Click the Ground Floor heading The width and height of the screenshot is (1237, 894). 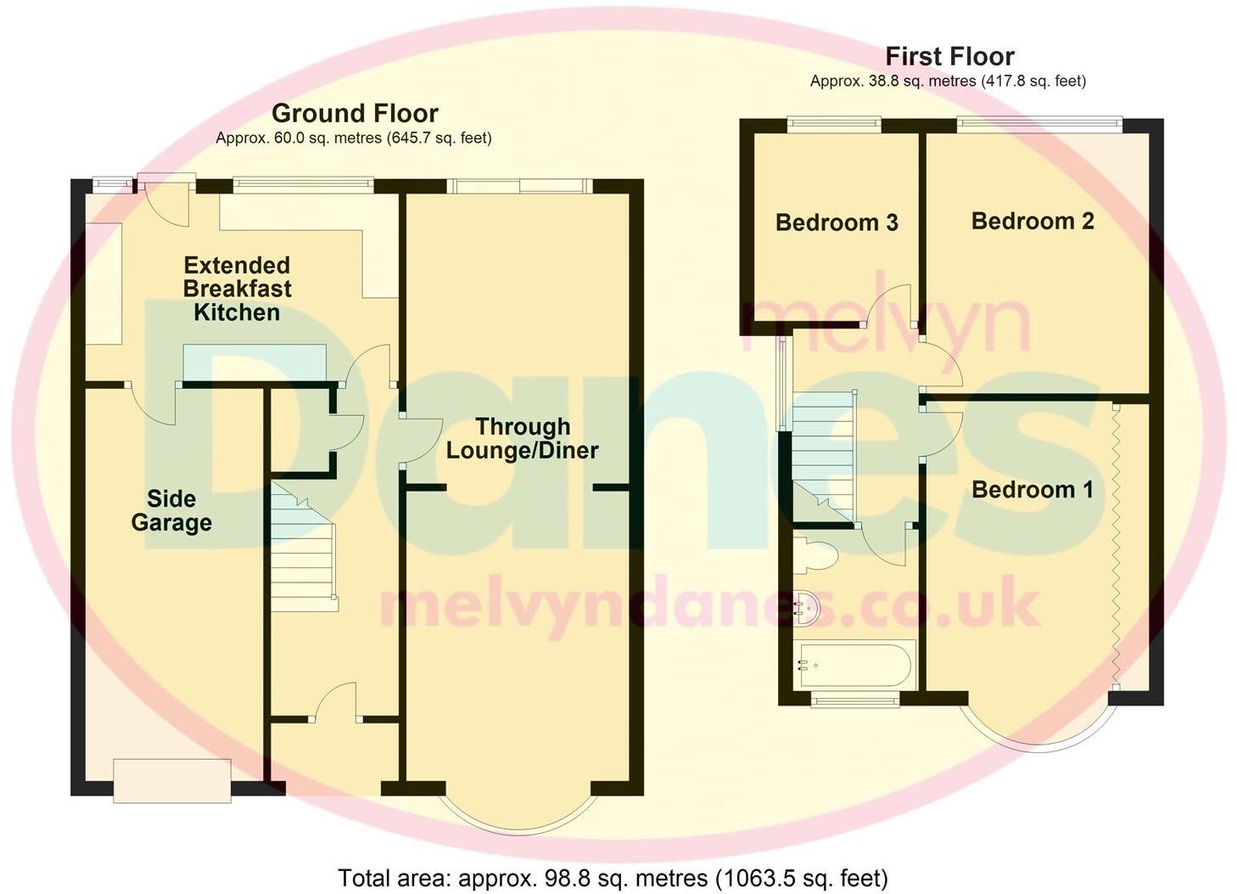pos(355,113)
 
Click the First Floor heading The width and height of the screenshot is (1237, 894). pos(949,56)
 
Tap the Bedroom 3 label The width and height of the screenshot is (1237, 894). pos(837,222)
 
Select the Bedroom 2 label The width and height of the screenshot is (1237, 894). pos(1033,221)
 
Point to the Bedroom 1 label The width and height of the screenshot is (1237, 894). pos(1032,489)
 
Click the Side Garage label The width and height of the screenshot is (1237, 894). pos(171,510)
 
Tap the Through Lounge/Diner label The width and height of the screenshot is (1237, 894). pos(522,438)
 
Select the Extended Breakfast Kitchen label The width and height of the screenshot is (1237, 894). pos(237,289)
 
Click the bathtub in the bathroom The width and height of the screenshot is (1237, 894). pos(855,665)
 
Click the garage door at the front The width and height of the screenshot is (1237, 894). pos(172,779)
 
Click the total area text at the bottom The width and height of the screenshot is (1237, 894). pos(613,877)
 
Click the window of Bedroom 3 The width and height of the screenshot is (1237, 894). pos(833,125)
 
